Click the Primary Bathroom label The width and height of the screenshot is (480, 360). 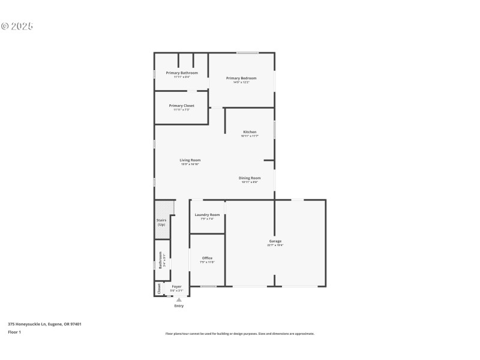point(181,73)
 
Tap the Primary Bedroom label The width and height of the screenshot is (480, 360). point(241,78)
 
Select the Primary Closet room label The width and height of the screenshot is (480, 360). point(181,106)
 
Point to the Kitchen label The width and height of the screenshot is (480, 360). point(250,132)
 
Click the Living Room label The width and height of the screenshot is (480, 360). point(190,160)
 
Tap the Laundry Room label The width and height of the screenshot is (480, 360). point(207,214)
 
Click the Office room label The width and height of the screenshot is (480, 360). point(207,258)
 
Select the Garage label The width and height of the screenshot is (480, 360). point(275,241)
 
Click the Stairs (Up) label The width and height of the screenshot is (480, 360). point(161,222)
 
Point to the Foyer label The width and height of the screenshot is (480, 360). point(176,287)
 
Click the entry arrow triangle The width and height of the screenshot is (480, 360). point(179,299)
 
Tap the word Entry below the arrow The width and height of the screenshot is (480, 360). point(179,306)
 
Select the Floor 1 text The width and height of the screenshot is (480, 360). point(14,332)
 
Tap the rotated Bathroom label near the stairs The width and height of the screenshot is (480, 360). point(160,260)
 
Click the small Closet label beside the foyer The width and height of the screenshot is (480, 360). point(159,289)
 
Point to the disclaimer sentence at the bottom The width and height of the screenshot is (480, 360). point(239,334)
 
